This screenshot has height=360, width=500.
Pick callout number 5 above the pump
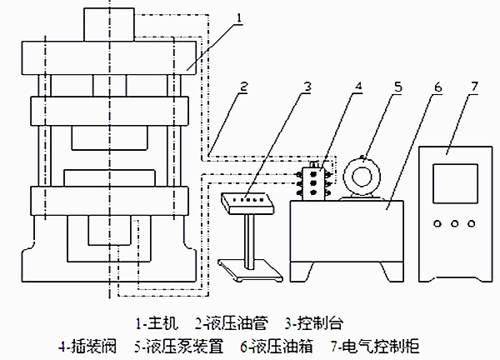397,87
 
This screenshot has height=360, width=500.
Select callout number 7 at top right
474,87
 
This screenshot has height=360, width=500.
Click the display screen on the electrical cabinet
451,183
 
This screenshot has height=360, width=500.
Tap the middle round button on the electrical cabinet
451,223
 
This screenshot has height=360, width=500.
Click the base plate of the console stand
248,266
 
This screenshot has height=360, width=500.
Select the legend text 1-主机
157,322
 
